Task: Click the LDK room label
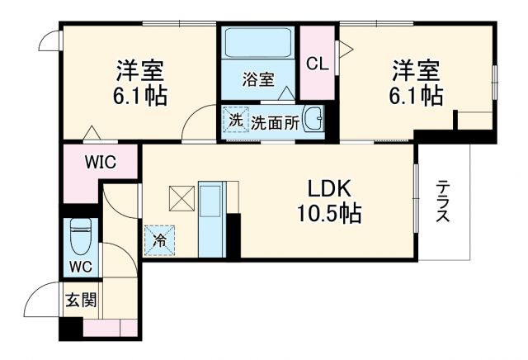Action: pos(328,189)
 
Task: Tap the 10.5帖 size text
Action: pos(328,214)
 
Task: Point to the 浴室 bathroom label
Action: pos(257,79)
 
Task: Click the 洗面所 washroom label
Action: pos(274,121)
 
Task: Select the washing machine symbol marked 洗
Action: pos(236,120)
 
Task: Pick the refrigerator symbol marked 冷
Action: pos(158,240)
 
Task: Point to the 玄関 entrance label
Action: pos(80,299)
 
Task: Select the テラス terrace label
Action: pos(443,201)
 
